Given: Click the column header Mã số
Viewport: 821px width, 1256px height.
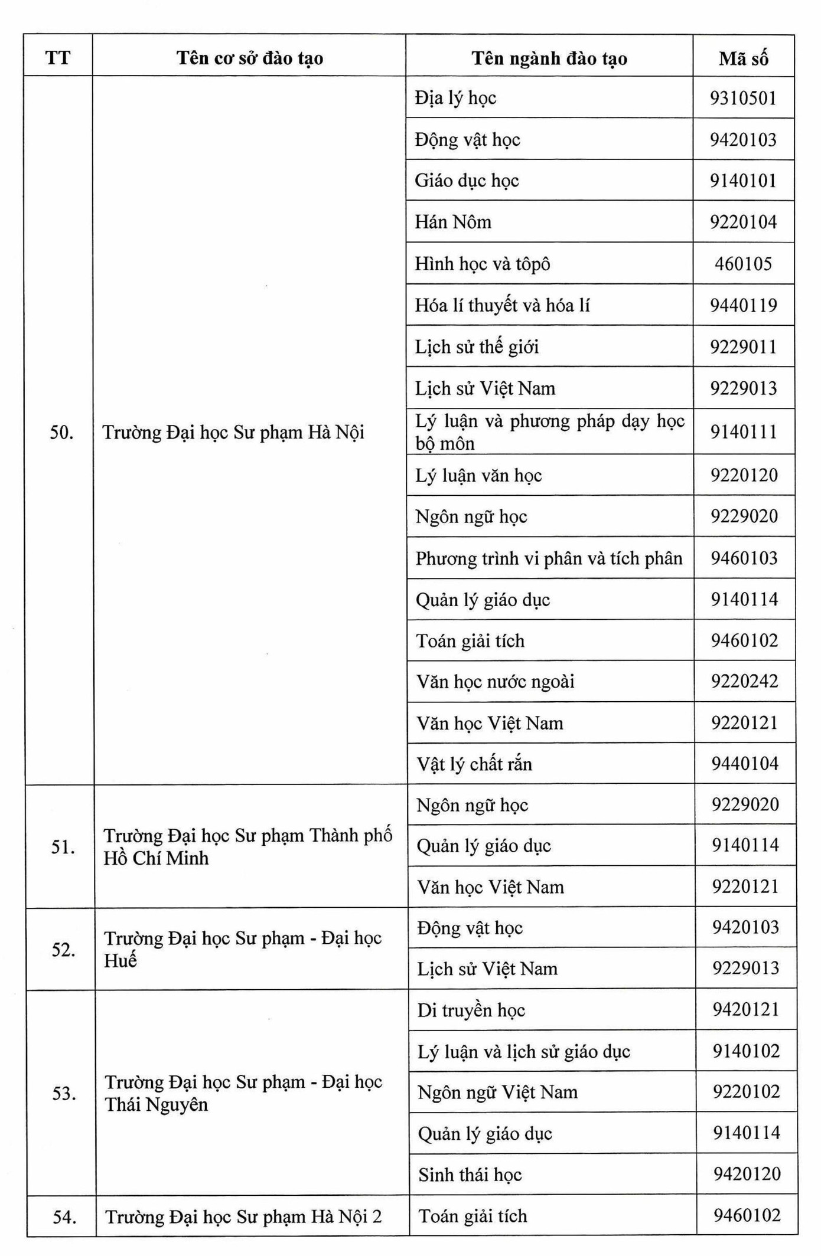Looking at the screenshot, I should tap(743, 58).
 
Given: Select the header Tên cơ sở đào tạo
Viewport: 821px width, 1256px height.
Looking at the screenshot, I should tap(249, 58).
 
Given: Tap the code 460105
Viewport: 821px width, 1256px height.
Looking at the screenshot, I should tap(743, 263).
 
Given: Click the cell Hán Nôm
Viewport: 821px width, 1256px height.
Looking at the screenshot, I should tap(453, 222).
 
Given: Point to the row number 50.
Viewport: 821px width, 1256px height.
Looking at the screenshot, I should tap(61, 433).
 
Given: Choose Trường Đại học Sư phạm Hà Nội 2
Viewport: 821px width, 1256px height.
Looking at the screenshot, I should tap(243, 1216).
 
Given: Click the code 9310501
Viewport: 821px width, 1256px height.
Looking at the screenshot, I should tap(743, 98).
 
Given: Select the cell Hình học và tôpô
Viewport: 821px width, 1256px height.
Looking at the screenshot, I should tap(483, 264).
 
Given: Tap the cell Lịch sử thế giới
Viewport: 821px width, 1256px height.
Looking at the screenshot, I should tap(477, 346).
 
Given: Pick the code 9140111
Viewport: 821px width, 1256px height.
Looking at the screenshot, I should tap(744, 431).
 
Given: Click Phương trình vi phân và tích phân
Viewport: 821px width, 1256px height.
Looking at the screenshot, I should tap(549, 558).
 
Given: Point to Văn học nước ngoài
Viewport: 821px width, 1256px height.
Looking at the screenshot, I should tap(495, 682).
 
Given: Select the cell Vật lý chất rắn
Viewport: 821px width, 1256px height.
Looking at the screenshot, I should tap(474, 764).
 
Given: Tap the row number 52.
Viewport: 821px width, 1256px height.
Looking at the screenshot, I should tap(63, 950).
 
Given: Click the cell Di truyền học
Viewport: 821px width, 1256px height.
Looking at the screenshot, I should tap(471, 1010).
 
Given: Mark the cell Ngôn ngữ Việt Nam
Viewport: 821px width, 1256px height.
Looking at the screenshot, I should tap(497, 1092).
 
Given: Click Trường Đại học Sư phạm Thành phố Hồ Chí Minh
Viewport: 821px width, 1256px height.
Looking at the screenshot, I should tap(248, 846).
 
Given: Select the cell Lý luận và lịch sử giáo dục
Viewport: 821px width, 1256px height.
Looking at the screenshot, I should tap(524, 1051).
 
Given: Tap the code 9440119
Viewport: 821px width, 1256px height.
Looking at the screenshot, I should tap(744, 305).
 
